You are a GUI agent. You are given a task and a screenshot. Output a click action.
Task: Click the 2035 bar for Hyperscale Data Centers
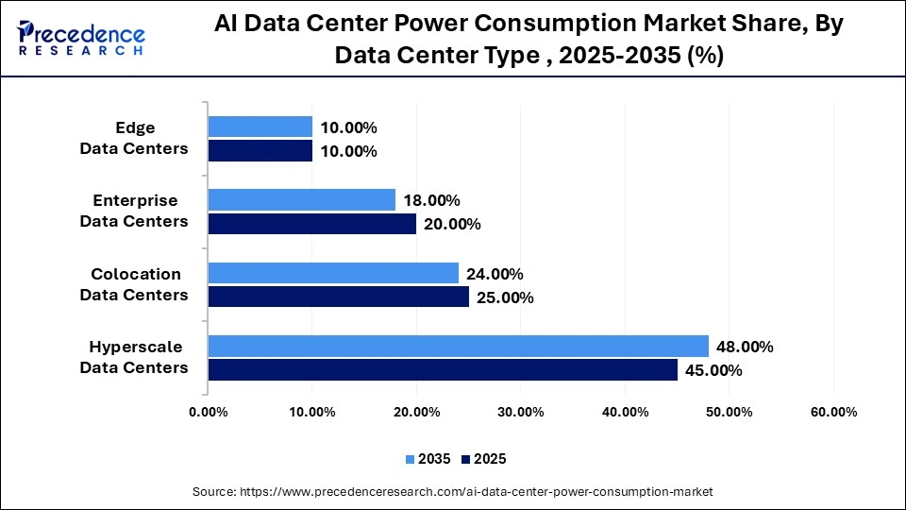pyautogui.click(x=458, y=346)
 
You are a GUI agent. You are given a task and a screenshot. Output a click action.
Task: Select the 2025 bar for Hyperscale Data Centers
pyautogui.click(x=443, y=369)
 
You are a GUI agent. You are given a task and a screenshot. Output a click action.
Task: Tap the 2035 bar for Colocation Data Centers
pyautogui.click(x=333, y=273)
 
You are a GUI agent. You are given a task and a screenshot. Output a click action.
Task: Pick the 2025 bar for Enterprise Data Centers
pyautogui.click(x=311, y=223)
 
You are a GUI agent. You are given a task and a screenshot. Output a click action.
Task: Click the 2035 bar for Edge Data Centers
pyautogui.click(x=260, y=127)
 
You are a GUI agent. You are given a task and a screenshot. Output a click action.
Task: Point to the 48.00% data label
pyautogui.click(x=745, y=347)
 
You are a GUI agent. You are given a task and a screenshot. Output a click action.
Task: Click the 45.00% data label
pyautogui.click(x=713, y=370)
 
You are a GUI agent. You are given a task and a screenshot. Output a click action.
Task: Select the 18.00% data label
pyautogui.click(x=431, y=200)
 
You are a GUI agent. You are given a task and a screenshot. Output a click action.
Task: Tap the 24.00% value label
pyautogui.click(x=495, y=274)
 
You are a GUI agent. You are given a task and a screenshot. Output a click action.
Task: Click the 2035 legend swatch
pyautogui.click(x=411, y=459)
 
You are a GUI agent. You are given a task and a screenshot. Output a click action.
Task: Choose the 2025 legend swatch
pyautogui.click(x=465, y=459)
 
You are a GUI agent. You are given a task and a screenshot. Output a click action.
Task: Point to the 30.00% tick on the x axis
pyautogui.click(x=521, y=412)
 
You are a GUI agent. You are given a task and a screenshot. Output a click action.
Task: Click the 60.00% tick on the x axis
pyautogui.click(x=833, y=412)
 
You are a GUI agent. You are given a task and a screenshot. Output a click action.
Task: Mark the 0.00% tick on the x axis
pyautogui.click(x=208, y=412)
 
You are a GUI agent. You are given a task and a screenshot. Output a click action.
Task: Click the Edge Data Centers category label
pyautogui.click(x=134, y=138)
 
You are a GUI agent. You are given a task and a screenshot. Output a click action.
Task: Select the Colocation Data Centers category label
pyautogui.click(x=134, y=284)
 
